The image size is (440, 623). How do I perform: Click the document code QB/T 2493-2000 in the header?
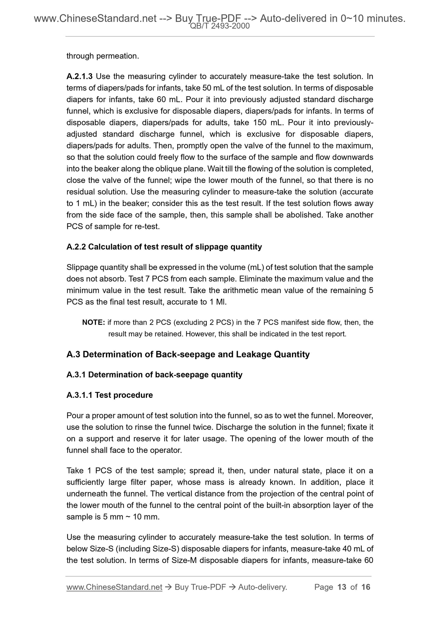(x=220, y=26)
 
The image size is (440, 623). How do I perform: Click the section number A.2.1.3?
(x=79, y=76)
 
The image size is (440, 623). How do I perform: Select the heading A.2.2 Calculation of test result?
(x=164, y=247)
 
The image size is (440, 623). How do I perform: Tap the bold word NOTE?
(x=94, y=322)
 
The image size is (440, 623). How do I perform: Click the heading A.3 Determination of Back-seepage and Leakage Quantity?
(x=188, y=354)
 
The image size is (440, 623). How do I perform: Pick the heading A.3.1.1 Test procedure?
(x=110, y=395)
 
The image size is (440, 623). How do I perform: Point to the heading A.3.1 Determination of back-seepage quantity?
(x=154, y=375)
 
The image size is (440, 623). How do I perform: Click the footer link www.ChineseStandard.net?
(x=114, y=587)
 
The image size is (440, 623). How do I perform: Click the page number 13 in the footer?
(x=342, y=587)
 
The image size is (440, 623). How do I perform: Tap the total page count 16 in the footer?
(x=366, y=587)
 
